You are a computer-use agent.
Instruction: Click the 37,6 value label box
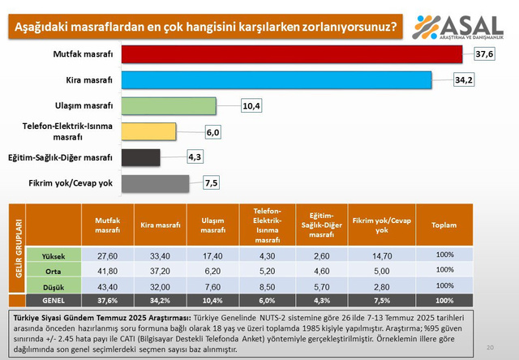[485, 54]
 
